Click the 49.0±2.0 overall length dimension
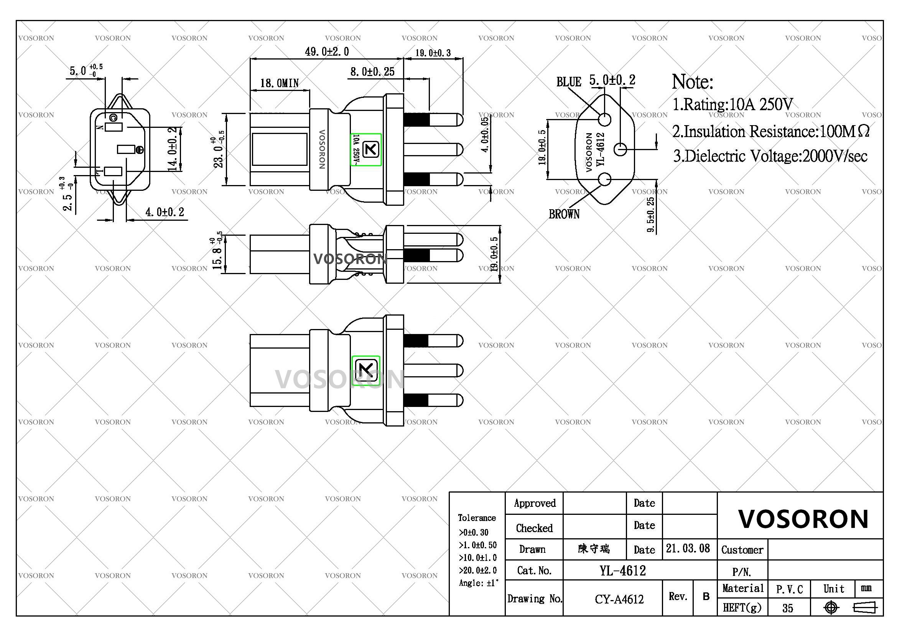coord(327,51)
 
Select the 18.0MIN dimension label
coord(279,83)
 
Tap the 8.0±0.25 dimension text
coord(372,72)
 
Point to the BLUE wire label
coord(568,82)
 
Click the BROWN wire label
coord(564,214)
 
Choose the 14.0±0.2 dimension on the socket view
coord(173,149)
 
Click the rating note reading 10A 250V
coord(732,104)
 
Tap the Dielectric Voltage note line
coord(770,156)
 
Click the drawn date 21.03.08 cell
coord(688,549)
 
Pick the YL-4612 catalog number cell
coord(623,571)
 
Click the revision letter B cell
coord(706,597)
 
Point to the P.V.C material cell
coord(789,589)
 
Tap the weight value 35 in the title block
coord(788,608)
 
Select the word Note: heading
coord(692,82)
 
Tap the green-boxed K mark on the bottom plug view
coord(366,370)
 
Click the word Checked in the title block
coord(534,528)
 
